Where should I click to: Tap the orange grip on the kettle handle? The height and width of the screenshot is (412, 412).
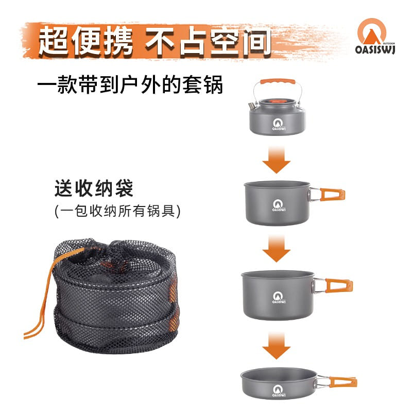coord(277,81)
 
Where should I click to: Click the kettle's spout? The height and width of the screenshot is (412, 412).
coord(251,106)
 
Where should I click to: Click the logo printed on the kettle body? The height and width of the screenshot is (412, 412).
coord(277,123)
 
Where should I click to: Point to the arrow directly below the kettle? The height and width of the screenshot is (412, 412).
coord(277,160)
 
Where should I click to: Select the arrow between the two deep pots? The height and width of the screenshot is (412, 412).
coord(277,249)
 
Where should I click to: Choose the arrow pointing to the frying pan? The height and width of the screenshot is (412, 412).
coord(277,346)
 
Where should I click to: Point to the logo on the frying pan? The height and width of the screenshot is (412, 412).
coord(278,389)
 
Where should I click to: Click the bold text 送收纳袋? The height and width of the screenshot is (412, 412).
coord(94,188)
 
